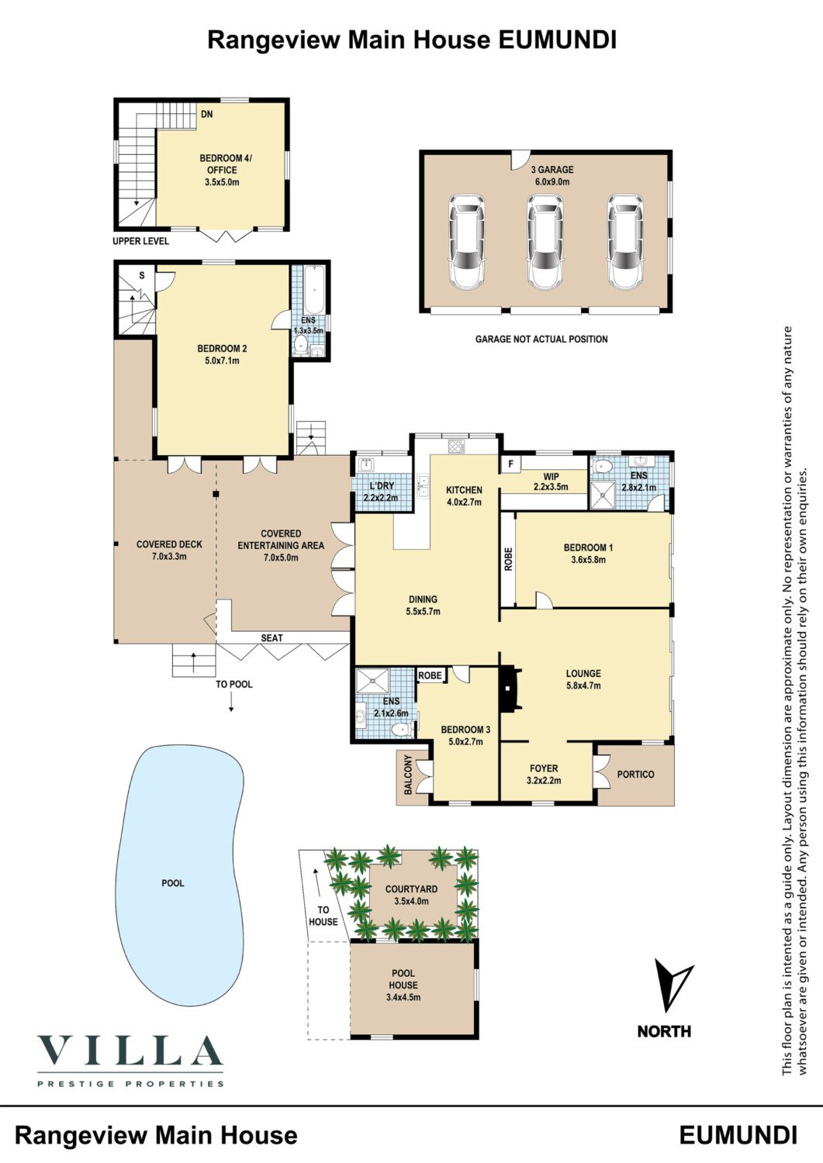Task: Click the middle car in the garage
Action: (x=545, y=242)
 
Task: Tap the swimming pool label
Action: (x=173, y=883)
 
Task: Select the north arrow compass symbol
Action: (x=671, y=985)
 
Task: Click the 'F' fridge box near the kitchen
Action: (x=510, y=465)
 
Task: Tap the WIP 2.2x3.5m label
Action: (x=551, y=481)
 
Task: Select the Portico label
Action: (x=635, y=775)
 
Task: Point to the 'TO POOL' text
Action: (x=234, y=685)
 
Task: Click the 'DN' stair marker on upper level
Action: (x=206, y=115)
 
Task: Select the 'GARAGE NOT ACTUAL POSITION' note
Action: (x=541, y=339)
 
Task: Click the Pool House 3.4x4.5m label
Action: (x=403, y=985)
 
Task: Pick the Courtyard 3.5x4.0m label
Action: (x=411, y=895)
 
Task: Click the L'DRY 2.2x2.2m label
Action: (x=381, y=492)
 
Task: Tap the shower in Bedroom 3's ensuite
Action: (x=375, y=682)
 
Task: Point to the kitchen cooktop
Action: (x=455, y=446)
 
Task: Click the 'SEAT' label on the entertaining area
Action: (x=271, y=638)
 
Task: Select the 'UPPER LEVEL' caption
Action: (x=140, y=241)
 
